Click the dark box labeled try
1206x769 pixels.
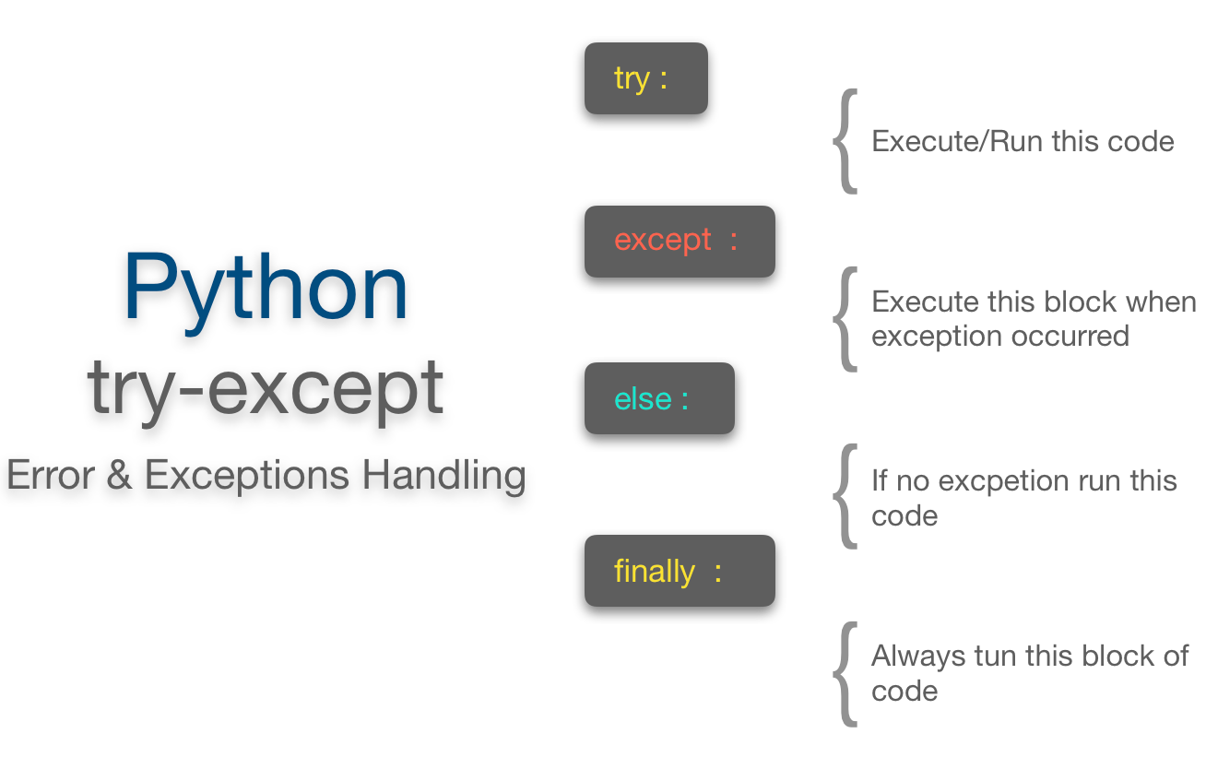coord(645,78)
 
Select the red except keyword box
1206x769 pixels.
coord(680,242)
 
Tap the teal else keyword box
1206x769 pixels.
coord(659,398)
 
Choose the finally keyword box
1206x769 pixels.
coord(680,571)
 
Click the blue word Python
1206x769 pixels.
coord(266,288)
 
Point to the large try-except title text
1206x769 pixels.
coord(266,387)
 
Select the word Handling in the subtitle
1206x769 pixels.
coord(443,476)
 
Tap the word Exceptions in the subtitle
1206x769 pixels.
coord(247,476)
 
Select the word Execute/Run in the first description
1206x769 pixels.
coord(951,142)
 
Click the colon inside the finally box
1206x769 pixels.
coord(717,573)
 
